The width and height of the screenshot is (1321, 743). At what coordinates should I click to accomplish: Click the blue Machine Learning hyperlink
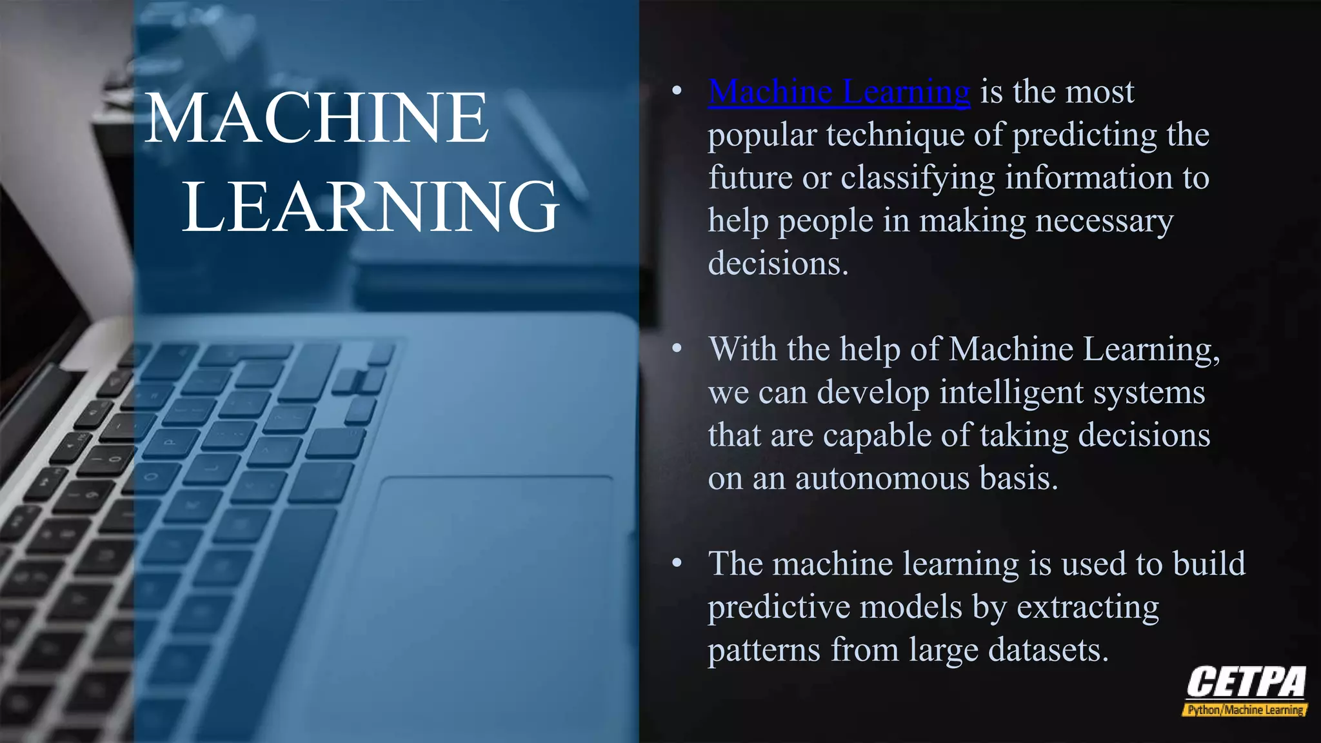(x=839, y=92)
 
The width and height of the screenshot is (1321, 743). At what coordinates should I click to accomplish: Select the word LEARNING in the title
(x=370, y=206)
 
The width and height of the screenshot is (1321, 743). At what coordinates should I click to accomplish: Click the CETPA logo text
(x=1246, y=682)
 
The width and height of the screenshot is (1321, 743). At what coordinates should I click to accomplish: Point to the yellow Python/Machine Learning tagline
(x=1245, y=710)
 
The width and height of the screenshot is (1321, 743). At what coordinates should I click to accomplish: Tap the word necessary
(x=1104, y=221)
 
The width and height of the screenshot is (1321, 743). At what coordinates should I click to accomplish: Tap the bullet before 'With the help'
(x=677, y=349)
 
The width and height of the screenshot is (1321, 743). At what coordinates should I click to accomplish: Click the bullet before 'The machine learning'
(x=677, y=564)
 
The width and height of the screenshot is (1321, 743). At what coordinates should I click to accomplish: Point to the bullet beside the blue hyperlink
(x=677, y=91)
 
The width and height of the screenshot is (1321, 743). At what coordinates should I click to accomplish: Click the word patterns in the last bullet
(x=764, y=650)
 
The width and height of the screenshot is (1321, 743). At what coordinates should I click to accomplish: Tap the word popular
(x=762, y=135)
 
